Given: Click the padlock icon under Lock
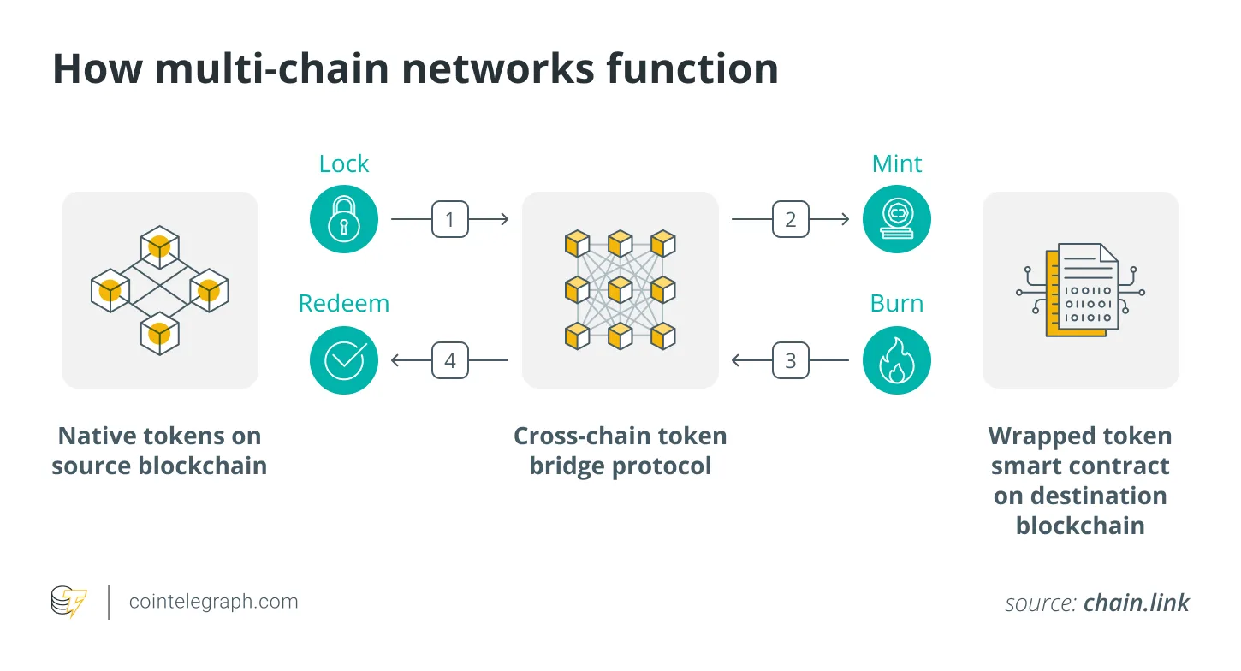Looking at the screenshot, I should pyautogui.click(x=343, y=220).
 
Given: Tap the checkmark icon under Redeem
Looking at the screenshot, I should pyautogui.click(x=343, y=361).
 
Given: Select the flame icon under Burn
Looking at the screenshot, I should pyautogui.click(x=896, y=361).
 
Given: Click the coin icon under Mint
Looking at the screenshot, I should pyautogui.click(x=896, y=220).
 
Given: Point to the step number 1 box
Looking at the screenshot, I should pyautogui.click(x=449, y=220).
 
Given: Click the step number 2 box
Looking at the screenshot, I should pyautogui.click(x=790, y=220).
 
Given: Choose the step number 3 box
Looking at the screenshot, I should pyautogui.click(x=790, y=361).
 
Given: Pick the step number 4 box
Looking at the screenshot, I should pyautogui.click(x=449, y=361).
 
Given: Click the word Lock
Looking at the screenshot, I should pyautogui.click(x=343, y=164).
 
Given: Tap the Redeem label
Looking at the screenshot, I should pyautogui.click(x=343, y=304).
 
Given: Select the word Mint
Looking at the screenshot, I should pyautogui.click(x=896, y=164).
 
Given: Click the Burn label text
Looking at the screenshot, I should pyautogui.click(x=896, y=304).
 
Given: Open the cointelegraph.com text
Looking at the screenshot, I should pyautogui.click(x=213, y=602).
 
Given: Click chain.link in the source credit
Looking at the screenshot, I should pyautogui.click(x=1136, y=603).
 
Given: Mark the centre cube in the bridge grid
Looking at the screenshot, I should pyautogui.click(x=620, y=290).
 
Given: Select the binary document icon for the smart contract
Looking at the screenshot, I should pyautogui.click(x=1080, y=290).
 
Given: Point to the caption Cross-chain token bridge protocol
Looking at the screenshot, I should pyautogui.click(x=620, y=451).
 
